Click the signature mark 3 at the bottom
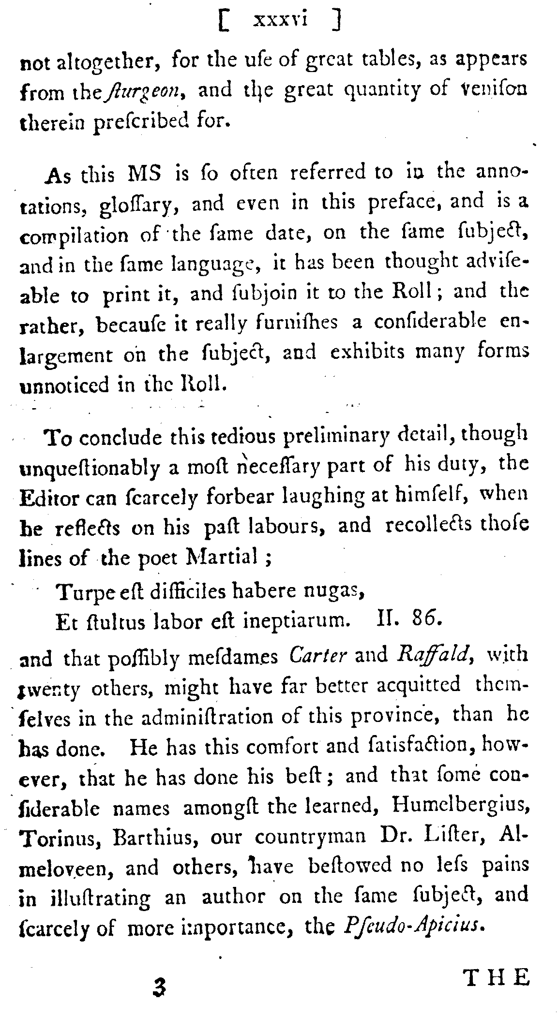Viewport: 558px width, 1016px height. click(x=157, y=986)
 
